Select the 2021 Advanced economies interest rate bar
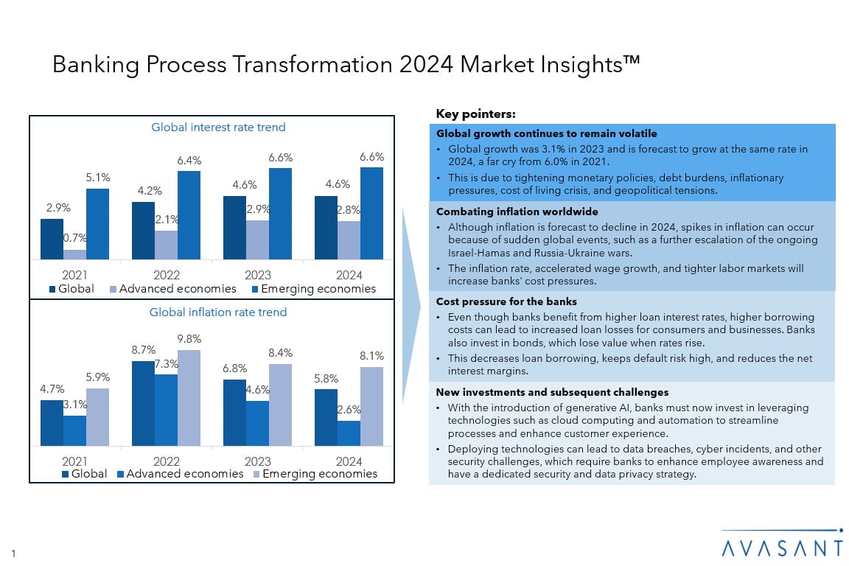tap(74, 254)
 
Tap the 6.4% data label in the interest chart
tap(189, 161)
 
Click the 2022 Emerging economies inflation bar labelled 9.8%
tap(189, 397)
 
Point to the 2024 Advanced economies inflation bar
tap(349, 433)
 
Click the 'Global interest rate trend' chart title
tap(218, 127)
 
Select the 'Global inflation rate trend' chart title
tap(218, 312)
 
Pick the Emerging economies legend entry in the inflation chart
tap(315, 474)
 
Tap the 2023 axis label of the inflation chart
tap(257, 461)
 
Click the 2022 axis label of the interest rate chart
tap(166, 275)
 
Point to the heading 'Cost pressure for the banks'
tap(506, 301)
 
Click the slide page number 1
tap(13, 553)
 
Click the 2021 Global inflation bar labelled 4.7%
tap(52, 422)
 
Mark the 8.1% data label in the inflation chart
tap(371, 355)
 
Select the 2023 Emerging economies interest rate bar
tap(280, 214)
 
